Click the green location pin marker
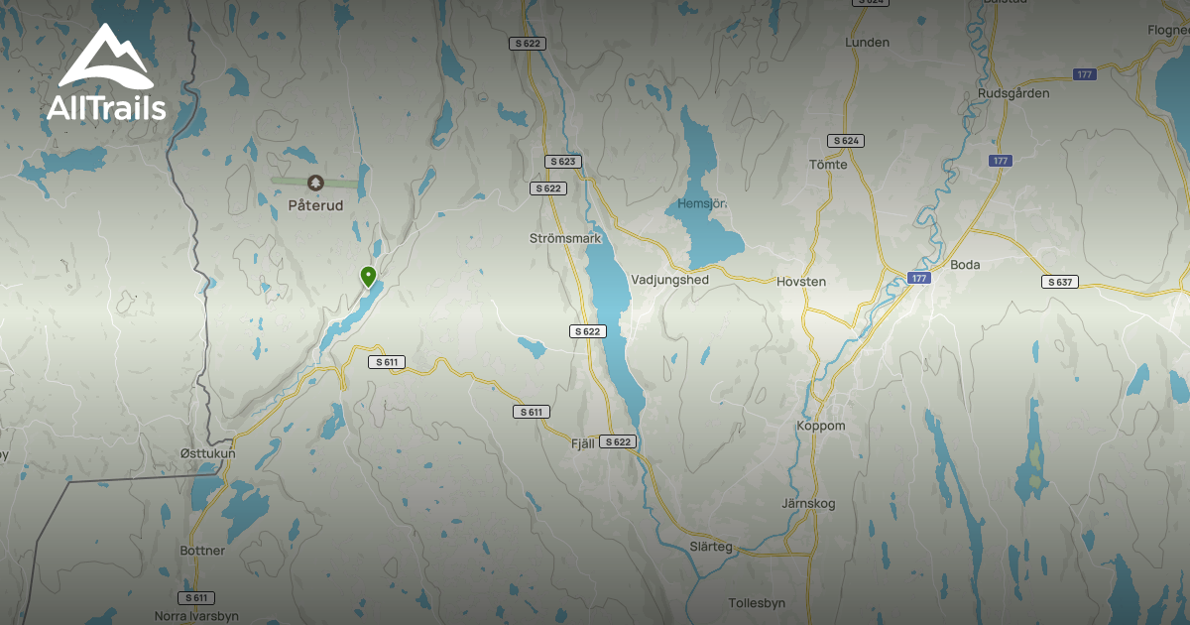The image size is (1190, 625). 368,276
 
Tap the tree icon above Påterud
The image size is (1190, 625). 315,183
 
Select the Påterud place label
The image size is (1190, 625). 315,205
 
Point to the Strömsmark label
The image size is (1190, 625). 566,239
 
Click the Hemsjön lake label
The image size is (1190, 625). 702,203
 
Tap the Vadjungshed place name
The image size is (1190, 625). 669,280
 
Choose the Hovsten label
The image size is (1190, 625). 801,282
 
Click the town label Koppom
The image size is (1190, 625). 821,427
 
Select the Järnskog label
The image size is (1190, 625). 809,504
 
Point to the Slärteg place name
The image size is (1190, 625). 711,547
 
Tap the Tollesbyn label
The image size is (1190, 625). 757,602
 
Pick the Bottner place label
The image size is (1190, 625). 203,551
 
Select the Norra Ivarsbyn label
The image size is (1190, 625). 196,616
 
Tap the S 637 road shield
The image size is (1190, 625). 1059,282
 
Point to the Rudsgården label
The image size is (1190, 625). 1012,93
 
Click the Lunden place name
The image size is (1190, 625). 867,43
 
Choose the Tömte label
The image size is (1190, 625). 828,165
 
